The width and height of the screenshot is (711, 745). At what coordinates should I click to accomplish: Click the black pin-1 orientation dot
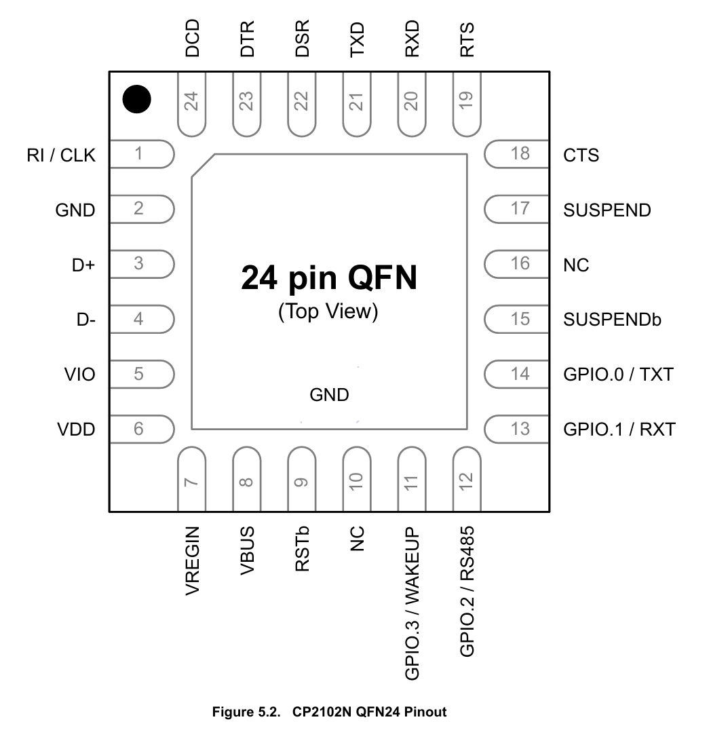136,100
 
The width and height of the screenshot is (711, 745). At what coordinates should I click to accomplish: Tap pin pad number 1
141,154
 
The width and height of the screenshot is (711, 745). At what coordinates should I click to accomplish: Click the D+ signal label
83,265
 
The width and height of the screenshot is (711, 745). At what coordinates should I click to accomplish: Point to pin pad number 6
141,429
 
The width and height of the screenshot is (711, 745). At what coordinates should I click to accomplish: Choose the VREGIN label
193,561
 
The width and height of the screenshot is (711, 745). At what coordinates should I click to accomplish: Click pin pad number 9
302,479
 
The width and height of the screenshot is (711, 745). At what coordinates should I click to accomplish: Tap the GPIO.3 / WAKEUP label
412,602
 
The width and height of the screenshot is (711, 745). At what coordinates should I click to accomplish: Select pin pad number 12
467,479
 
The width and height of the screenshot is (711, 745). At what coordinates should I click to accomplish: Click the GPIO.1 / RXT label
619,429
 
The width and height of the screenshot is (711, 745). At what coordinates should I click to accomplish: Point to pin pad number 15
517,318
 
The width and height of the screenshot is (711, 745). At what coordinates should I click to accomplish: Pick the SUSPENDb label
612,320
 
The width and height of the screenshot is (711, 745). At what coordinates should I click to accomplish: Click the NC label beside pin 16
576,265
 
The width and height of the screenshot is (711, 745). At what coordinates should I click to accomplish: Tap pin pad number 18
517,154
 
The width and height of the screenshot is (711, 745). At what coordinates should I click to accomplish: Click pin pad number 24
193,102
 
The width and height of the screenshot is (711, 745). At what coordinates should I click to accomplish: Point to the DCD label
193,39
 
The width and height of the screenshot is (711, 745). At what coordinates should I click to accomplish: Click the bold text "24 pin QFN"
329,278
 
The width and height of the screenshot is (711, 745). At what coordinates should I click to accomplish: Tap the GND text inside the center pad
329,395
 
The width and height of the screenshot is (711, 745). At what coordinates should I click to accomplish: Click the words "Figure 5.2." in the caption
246,712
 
